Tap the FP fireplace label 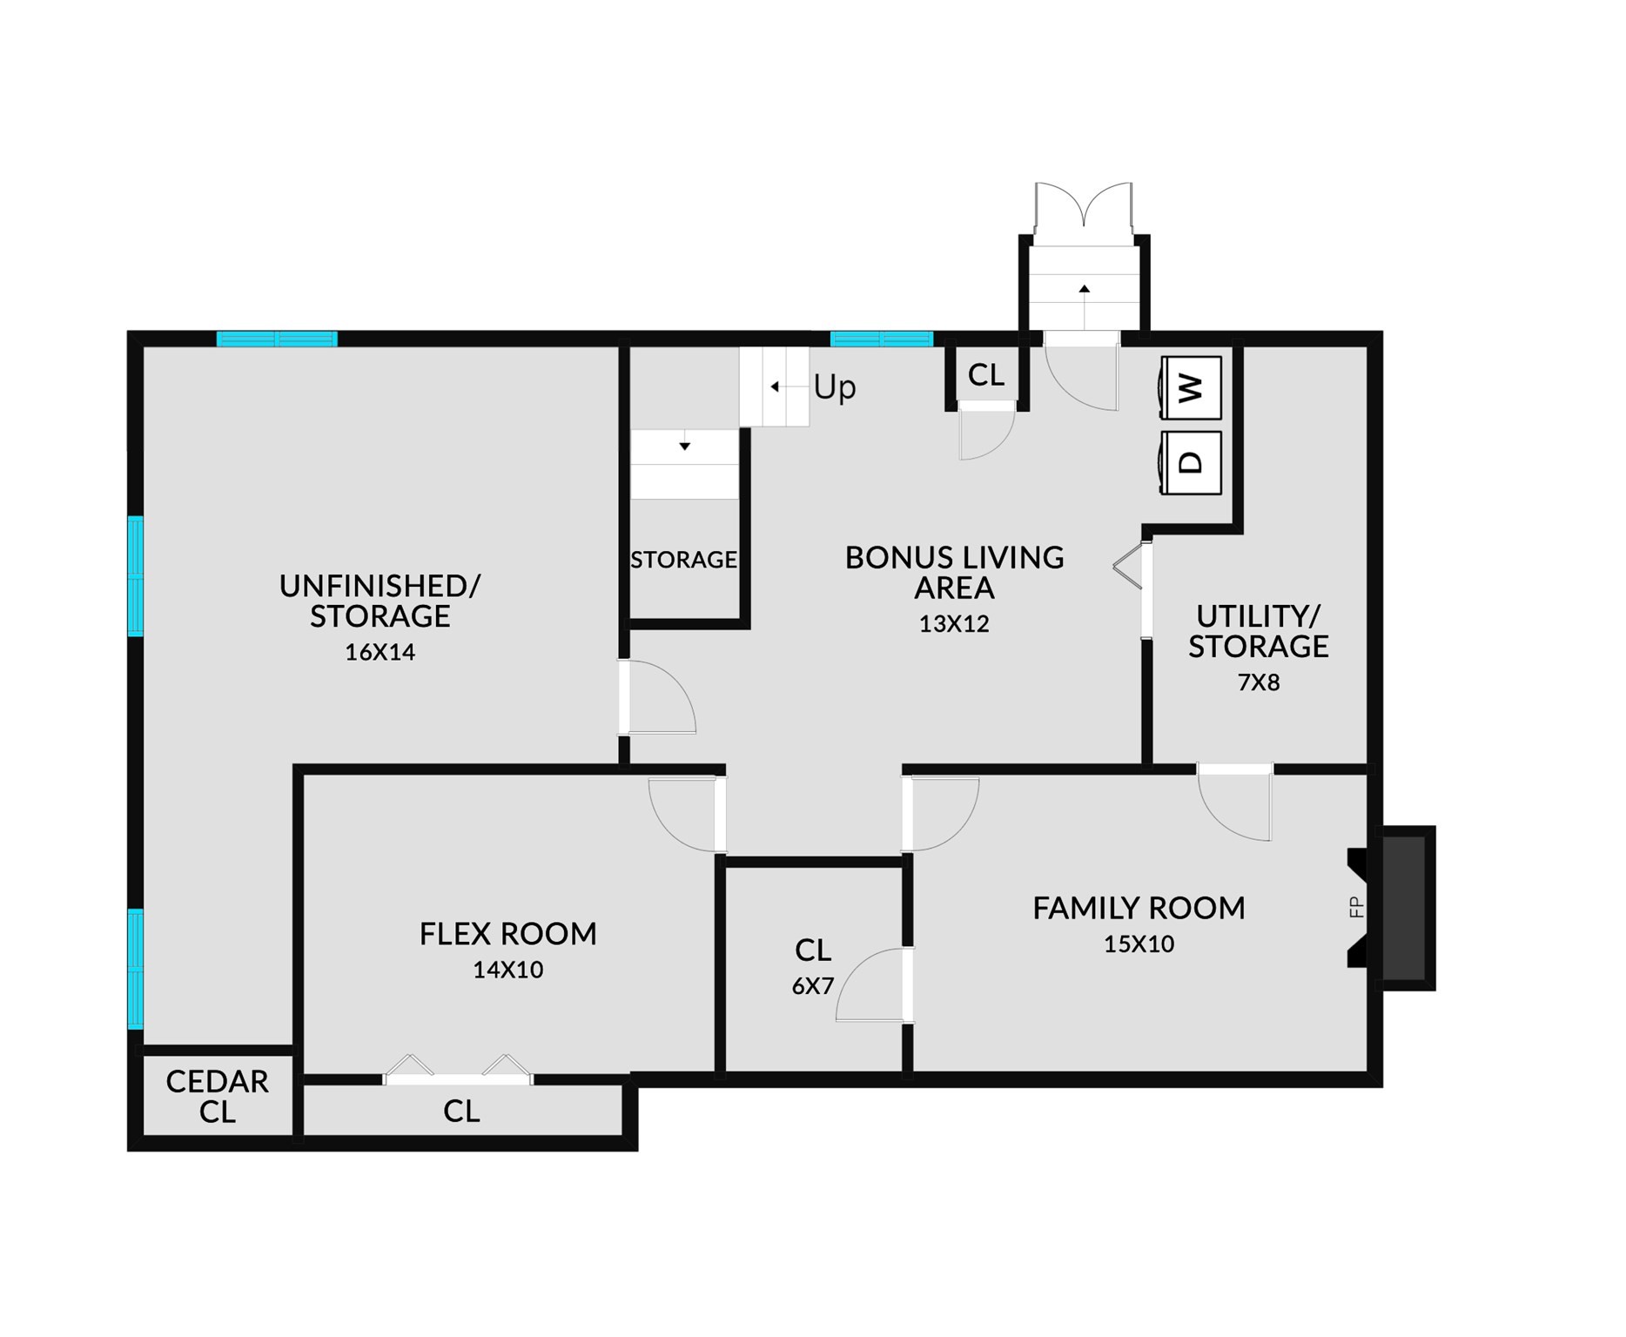coord(1355,907)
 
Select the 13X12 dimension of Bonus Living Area coord(954,624)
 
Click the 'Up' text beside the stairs coord(835,387)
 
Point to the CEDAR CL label coord(217,1097)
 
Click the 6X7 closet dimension coord(812,986)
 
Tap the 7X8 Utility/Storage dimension coord(1259,682)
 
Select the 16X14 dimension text coord(380,652)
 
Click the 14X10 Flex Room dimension coord(507,970)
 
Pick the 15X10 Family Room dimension coord(1139,944)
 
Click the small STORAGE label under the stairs coord(683,560)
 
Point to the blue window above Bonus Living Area coord(881,339)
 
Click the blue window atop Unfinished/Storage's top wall coord(277,339)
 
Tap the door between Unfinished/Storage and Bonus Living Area coord(657,697)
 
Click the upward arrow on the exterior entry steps coord(1085,288)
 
